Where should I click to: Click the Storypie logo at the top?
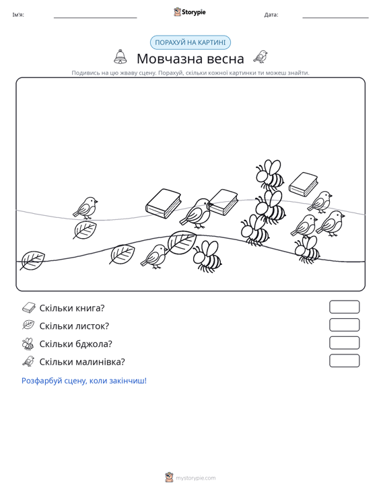tap(190, 12)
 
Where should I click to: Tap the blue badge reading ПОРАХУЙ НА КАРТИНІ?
tap(190, 42)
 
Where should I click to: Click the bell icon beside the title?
tap(120, 56)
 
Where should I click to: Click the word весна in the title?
tap(222, 59)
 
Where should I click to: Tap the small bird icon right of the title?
tap(261, 56)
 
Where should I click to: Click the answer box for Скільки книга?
tap(344, 307)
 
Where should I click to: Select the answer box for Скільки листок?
tap(344, 325)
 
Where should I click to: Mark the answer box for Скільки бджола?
tap(344, 343)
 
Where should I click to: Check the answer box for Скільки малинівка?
tap(344, 361)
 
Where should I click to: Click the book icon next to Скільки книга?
tap(29, 307)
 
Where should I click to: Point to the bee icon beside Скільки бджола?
tap(28, 344)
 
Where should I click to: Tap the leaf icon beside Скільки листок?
tap(28, 325)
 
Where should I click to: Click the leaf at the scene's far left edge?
tap(32, 260)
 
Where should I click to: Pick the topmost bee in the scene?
tap(270, 175)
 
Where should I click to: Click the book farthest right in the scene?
tap(304, 184)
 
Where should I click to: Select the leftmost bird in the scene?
tap(85, 208)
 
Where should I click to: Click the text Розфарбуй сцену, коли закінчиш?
tap(84, 381)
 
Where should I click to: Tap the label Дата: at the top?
tap(271, 15)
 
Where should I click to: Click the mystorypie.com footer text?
tap(196, 478)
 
